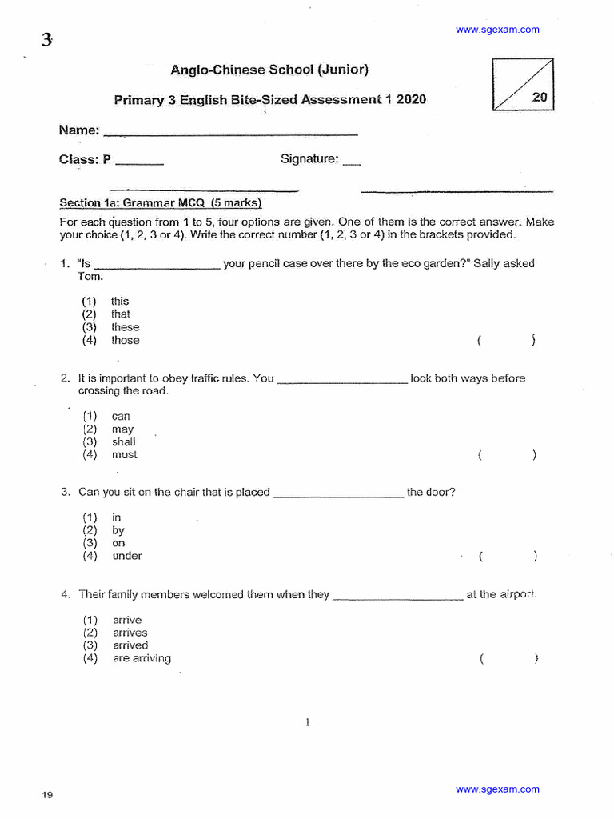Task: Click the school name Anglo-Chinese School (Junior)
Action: tap(269, 70)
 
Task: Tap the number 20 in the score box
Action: tap(540, 97)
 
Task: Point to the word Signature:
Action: tap(309, 159)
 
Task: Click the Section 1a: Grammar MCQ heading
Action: tap(161, 203)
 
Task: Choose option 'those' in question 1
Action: tap(125, 340)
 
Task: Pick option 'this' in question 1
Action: tap(120, 302)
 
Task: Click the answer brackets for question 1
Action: tap(506, 341)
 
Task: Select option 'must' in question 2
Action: tap(124, 455)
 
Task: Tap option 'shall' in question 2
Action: tap(124, 442)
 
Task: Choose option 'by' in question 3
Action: tap(118, 530)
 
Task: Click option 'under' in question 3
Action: tap(127, 556)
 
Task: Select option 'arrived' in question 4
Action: tap(130, 645)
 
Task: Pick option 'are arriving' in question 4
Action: tap(142, 658)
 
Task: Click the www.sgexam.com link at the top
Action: tap(497, 30)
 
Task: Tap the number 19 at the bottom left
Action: tap(47, 795)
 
